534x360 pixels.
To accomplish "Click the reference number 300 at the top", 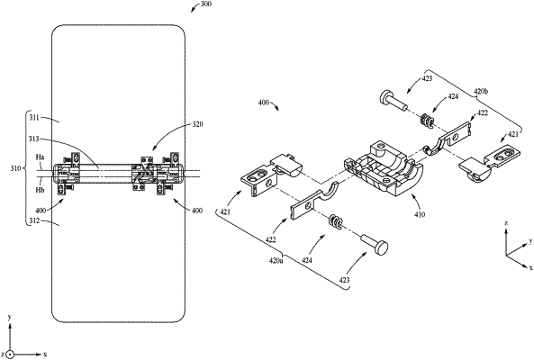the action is tap(206, 4).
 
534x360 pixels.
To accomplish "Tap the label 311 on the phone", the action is tap(34, 118).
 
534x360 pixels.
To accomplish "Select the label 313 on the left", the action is tap(34, 139).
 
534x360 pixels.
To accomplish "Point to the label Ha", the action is tap(40, 157).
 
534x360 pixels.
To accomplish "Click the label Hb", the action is tap(40, 190).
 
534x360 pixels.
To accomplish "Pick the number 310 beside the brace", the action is tap(16, 168).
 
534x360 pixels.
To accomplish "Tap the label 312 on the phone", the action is tap(34, 220).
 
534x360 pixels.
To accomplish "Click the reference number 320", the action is tap(197, 124).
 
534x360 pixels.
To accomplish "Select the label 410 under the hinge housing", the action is tap(420, 215).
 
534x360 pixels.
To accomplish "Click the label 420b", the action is tap(481, 92).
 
